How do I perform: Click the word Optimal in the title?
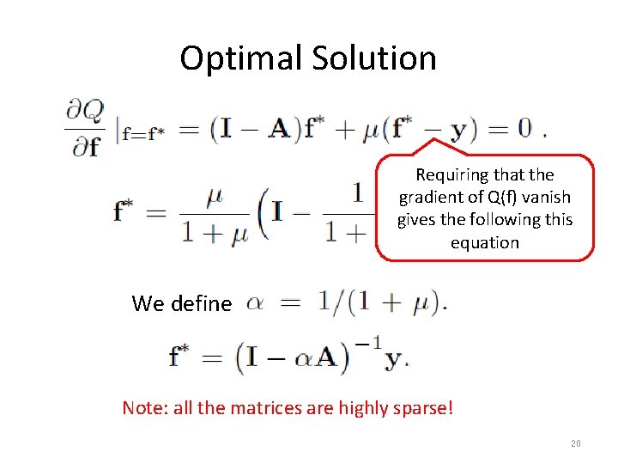pos(229,58)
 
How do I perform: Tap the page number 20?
pos(575,444)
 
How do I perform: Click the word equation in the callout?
pos(485,242)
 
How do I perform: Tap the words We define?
pos(181,303)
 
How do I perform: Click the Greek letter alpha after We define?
pos(256,303)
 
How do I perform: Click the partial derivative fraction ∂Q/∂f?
pos(85,128)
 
